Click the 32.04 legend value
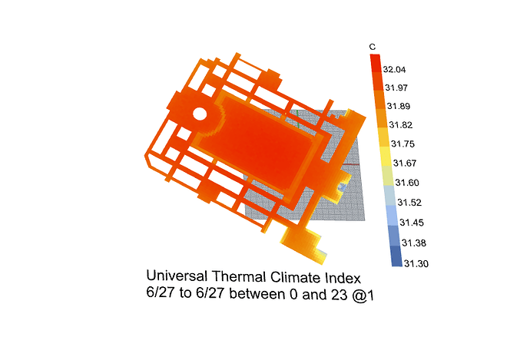[x=394, y=70]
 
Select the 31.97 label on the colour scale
[x=396, y=88]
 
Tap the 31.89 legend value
[x=399, y=107]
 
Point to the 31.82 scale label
[x=400, y=125]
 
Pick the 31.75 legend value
[x=402, y=144]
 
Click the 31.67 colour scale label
[x=405, y=163]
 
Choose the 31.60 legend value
[x=407, y=183]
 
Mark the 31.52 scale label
[x=409, y=203]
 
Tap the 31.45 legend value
[x=412, y=223]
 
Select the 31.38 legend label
[x=414, y=243]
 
